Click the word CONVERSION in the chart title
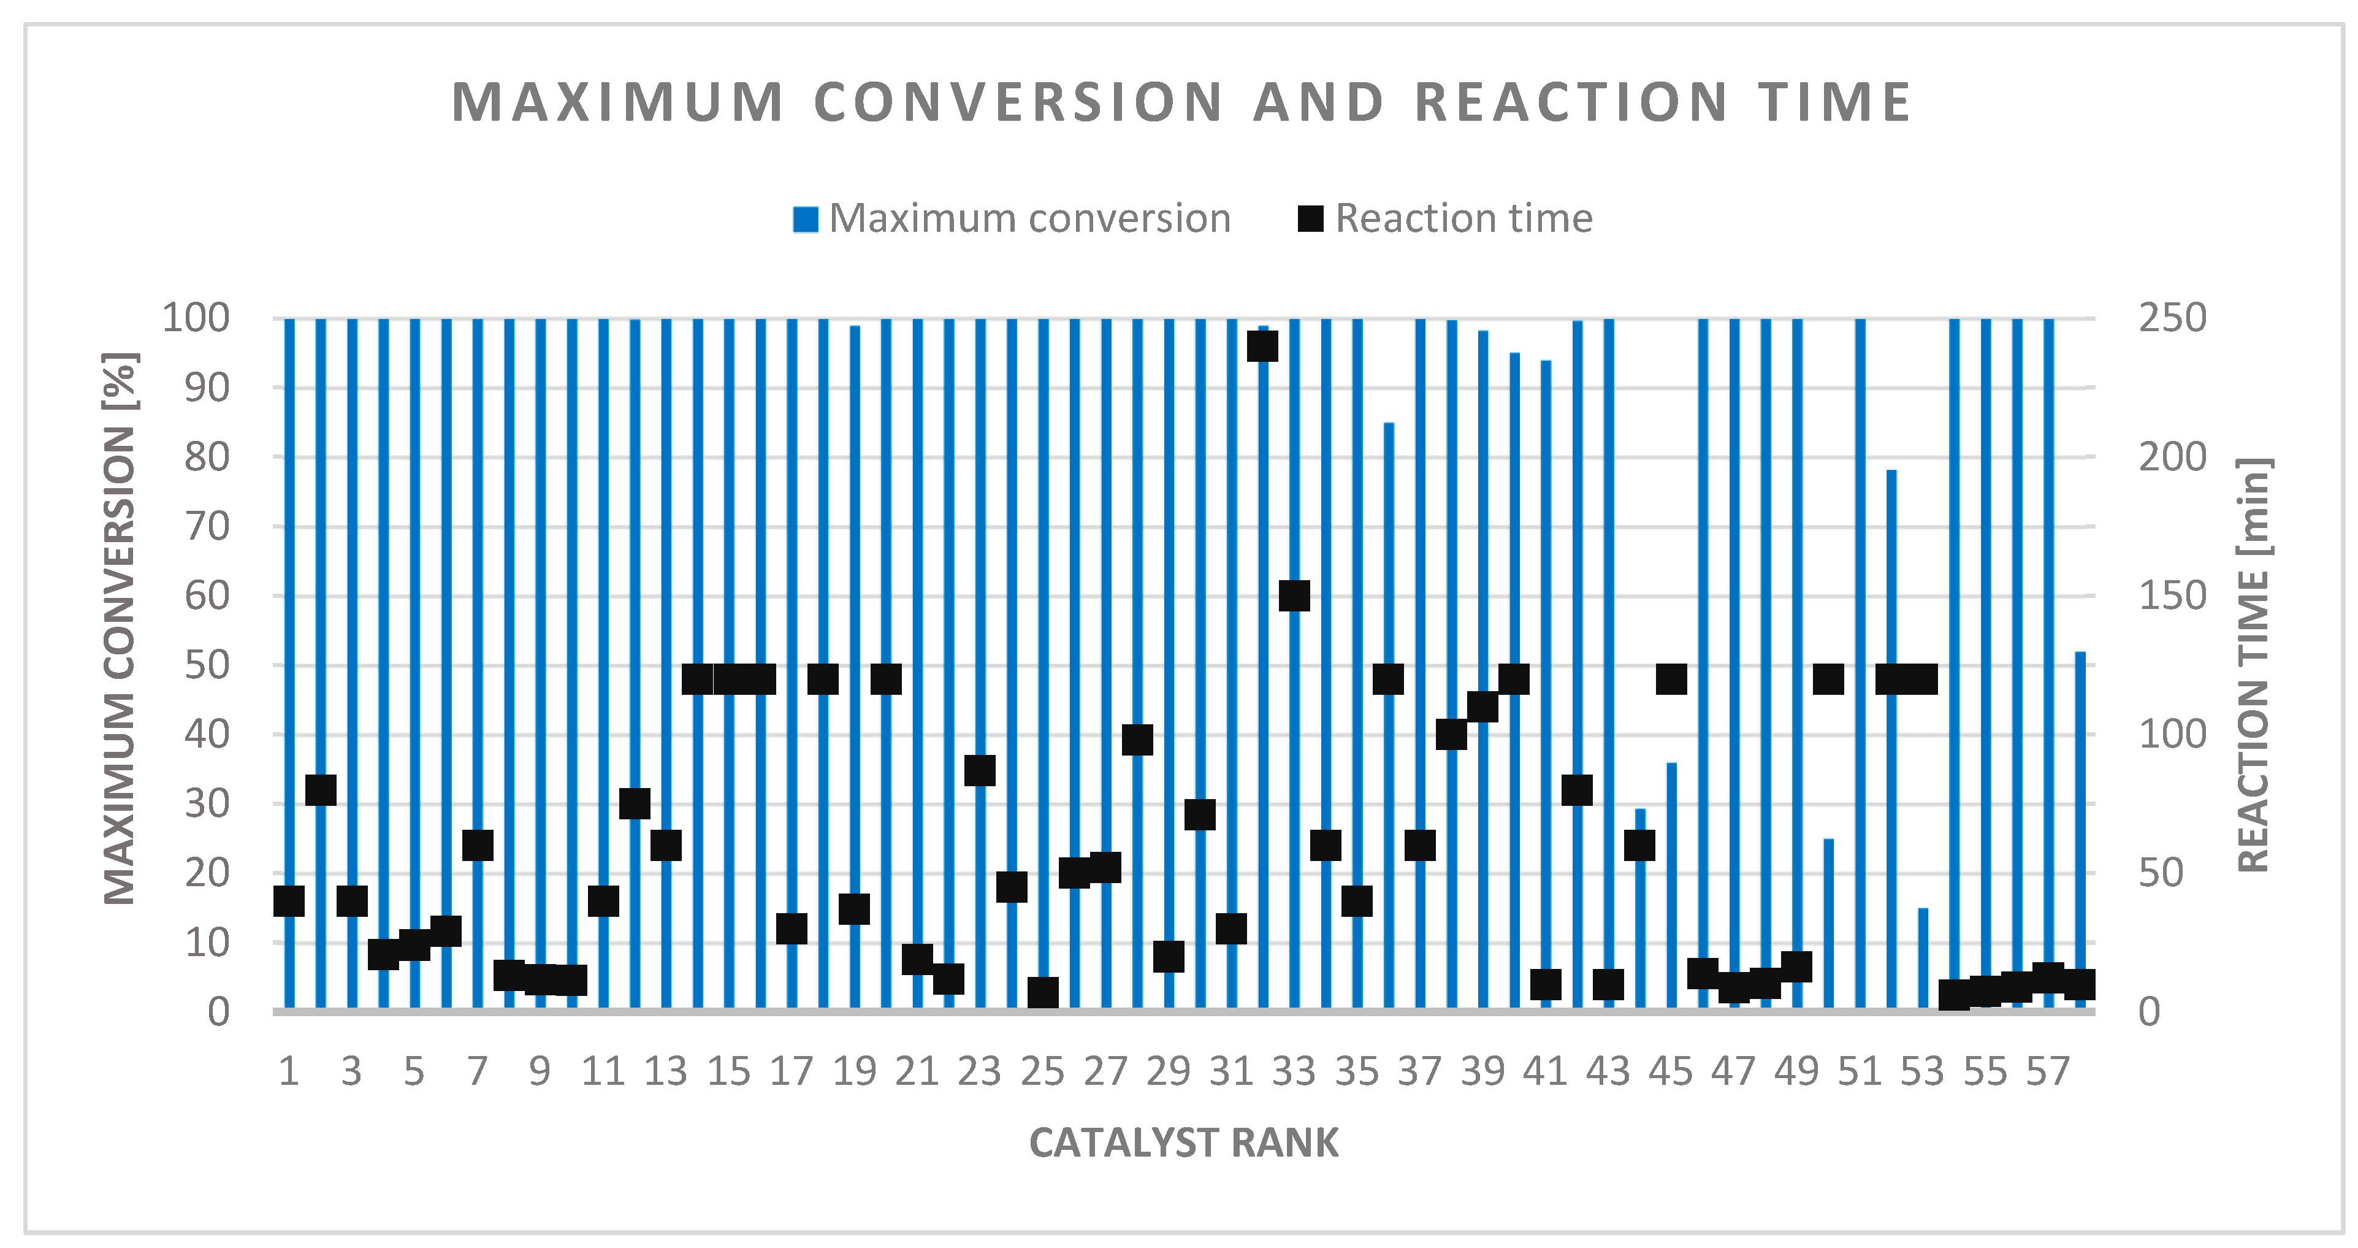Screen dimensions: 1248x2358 point(1017,102)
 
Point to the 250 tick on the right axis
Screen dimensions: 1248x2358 point(2171,319)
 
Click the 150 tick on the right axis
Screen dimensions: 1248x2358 point(2171,596)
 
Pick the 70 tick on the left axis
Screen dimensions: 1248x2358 point(207,526)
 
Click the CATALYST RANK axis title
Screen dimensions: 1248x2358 point(1183,1143)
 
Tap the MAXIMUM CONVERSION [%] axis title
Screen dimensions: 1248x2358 point(120,630)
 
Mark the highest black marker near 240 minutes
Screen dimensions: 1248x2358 point(1262,347)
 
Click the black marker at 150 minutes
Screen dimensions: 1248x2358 point(1294,596)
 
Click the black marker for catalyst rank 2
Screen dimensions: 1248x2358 point(321,790)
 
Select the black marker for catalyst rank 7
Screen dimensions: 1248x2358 point(478,845)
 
